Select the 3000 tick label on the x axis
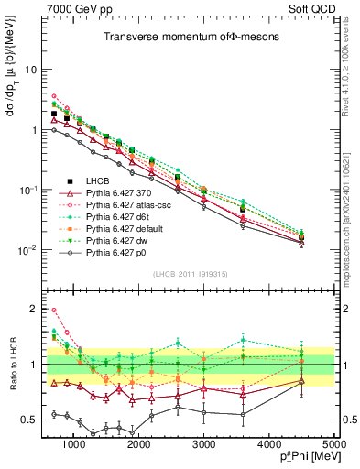(204, 445)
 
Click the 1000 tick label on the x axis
(73, 445)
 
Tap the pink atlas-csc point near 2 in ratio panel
(54, 311)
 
